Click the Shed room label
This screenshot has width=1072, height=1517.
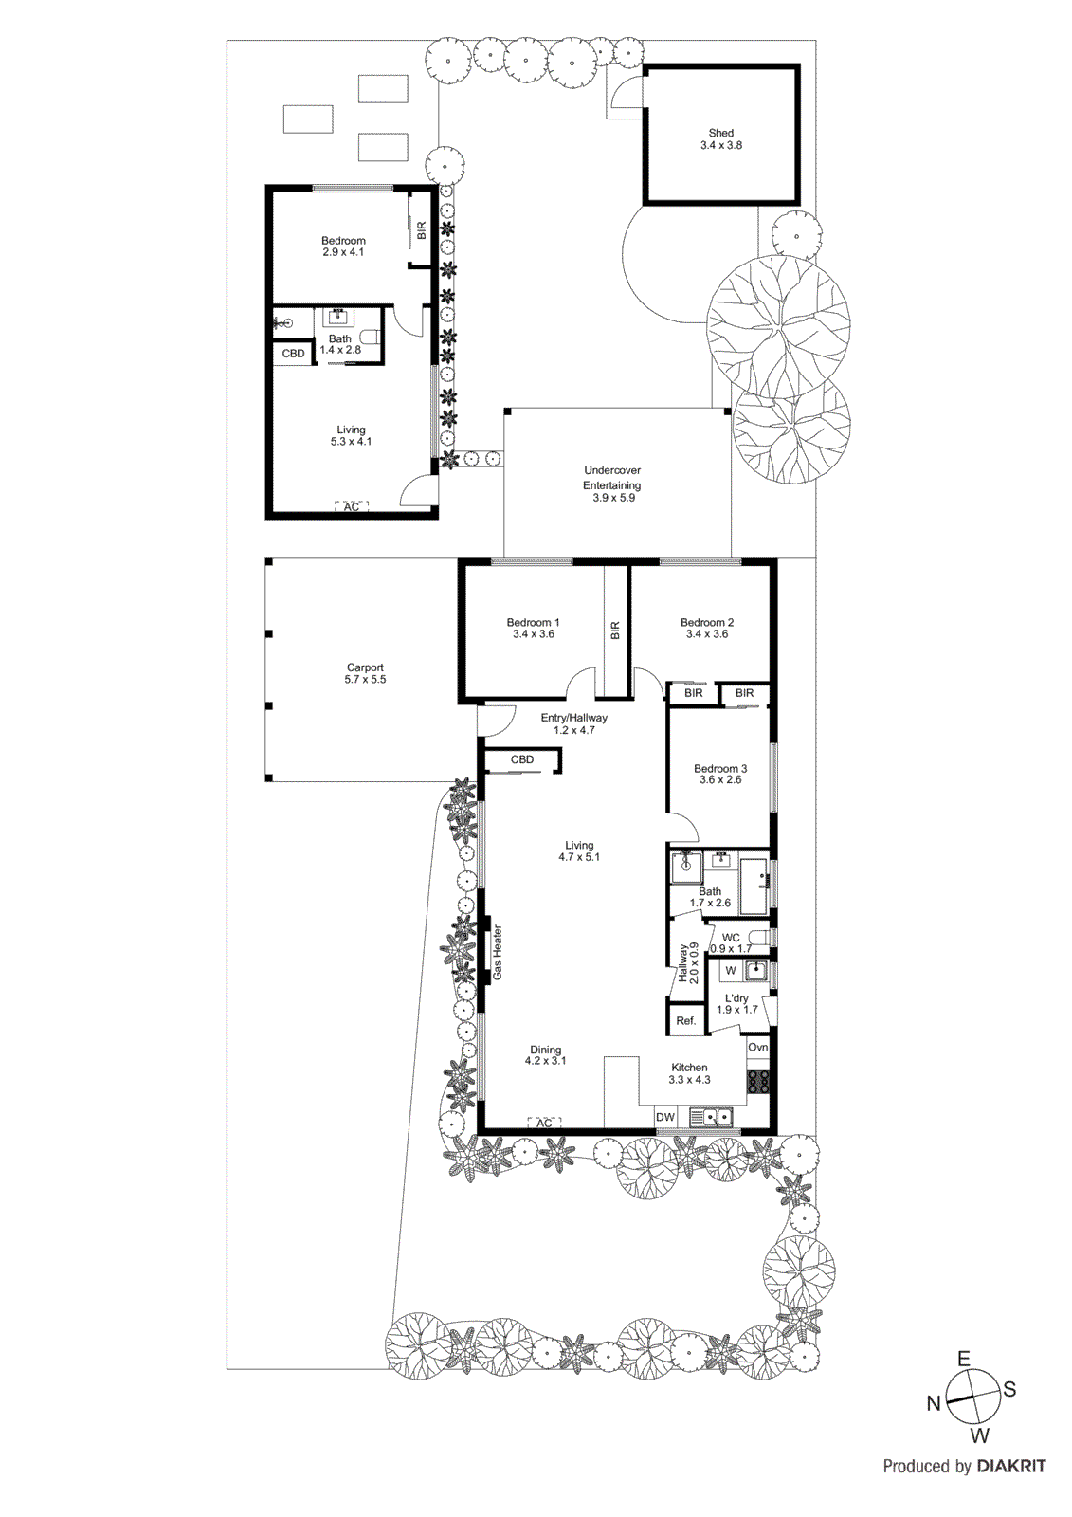point(720,134)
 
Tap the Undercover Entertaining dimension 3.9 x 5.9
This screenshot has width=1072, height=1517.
point(612,498)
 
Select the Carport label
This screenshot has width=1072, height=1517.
point(365,667)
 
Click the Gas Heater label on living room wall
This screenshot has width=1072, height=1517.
point(498,952)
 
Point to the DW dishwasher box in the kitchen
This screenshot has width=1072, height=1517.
point(665,1118)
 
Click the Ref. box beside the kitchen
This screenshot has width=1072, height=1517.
point(686,1021)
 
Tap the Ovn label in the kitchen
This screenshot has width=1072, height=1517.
point(757,1048)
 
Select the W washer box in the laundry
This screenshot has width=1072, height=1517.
point(730,971)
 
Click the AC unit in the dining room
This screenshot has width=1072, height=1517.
point(544,1124)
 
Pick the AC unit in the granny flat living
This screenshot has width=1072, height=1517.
point(351,507)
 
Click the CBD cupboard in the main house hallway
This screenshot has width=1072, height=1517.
point(522,759)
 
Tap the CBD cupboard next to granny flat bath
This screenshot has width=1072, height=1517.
point(294,354)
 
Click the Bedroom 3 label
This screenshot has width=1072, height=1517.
point(720,769)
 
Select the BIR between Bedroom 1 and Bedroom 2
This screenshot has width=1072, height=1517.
point(615,631)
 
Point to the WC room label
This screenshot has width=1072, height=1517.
point(731,938)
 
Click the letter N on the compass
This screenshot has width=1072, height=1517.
point(933,1404)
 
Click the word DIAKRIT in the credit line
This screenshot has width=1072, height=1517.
point(1010,1467)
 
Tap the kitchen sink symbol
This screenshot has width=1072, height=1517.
point(713,1118)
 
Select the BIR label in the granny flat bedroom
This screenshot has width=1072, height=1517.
point(422,229)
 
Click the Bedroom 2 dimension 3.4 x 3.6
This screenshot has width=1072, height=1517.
point(707,634)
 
